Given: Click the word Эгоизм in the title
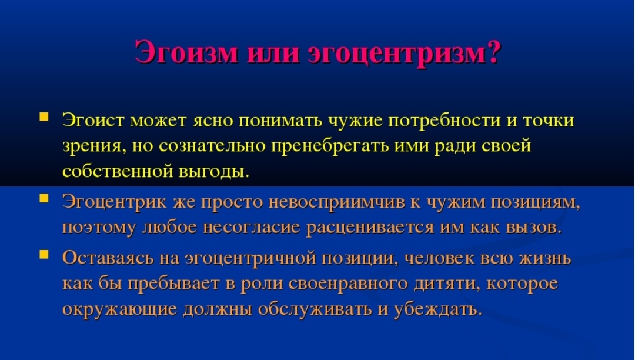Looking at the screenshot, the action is point(186,52).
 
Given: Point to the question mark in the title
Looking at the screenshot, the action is point(494,52).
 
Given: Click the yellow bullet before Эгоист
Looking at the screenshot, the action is point(44,117).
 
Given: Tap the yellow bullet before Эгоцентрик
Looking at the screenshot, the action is point(44,198).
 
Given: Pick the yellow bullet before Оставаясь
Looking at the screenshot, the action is point(44,254).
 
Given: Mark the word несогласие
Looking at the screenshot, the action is point(251,227).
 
